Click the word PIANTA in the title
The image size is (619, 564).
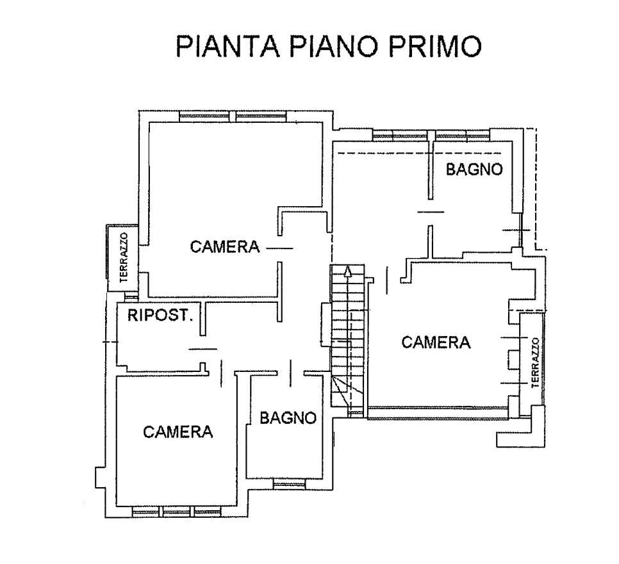(227, 47)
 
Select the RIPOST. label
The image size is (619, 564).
(160, 315)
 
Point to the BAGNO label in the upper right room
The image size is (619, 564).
(474, 169)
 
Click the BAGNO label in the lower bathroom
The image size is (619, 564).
(288, 417)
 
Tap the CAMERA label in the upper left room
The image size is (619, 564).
(225, 246)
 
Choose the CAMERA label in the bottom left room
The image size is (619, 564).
(177, 432)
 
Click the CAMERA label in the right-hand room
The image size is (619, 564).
(436, 342)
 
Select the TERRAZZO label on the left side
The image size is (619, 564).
(124, 257)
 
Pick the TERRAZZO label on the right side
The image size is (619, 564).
(535, 362)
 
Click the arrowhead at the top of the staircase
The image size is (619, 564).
(347, 271)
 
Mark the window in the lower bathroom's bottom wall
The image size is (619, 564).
(289, 483)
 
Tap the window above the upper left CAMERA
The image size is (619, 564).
(232, 117)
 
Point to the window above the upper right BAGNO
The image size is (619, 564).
(431, 136)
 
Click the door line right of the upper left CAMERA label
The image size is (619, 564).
(279, 248)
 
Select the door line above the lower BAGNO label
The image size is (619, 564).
(291, 373)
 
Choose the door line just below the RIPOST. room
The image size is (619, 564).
(203, 349)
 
